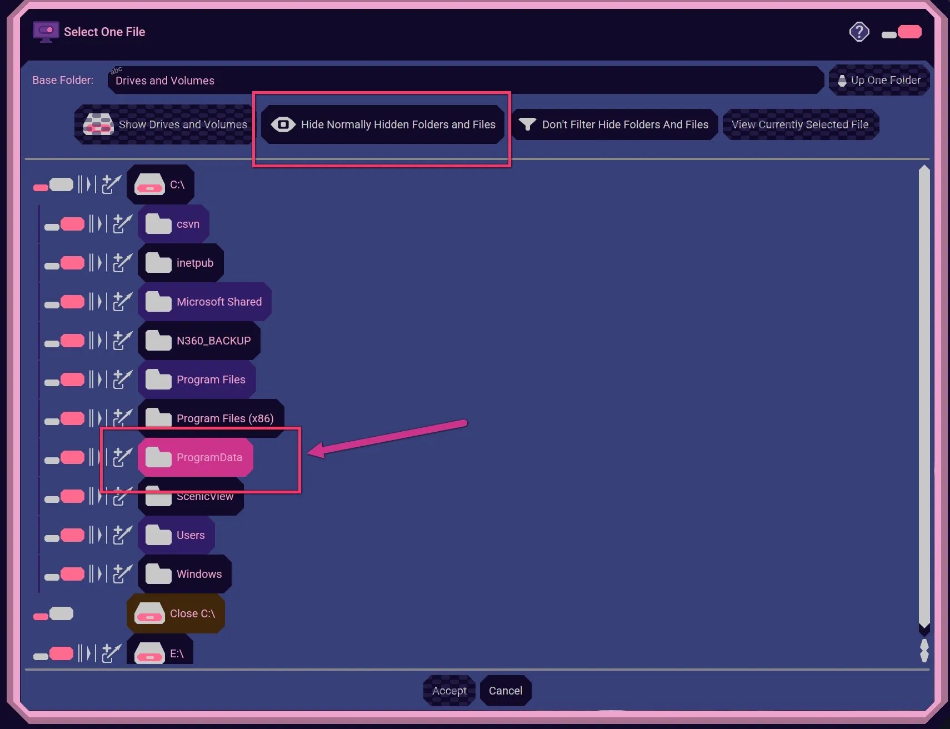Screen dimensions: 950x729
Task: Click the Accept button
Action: click(449, 691)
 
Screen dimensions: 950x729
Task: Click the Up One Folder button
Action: click(879, 80)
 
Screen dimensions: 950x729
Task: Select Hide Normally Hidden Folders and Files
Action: click(383, 124)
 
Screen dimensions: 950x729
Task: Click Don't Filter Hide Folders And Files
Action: click(614, 124)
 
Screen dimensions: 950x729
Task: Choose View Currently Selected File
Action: click(801, 124)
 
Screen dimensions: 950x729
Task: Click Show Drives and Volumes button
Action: click(163, 124)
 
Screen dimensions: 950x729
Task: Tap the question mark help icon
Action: click(859, 32)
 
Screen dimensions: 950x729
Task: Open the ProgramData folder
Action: click(196, 457)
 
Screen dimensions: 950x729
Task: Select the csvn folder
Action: click(173, 224)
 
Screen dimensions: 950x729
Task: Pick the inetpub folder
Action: click(181, 263)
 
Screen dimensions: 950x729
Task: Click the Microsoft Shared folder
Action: click(204, 302)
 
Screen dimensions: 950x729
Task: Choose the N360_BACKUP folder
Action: click(199, 341)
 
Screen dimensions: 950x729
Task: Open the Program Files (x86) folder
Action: click(211, 418)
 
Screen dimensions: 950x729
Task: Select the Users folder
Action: click(176, 535)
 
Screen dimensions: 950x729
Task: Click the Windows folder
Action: click(184, 574)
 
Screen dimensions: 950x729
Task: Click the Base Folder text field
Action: click(466, 80)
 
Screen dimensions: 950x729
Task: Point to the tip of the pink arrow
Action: click(308, 453)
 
